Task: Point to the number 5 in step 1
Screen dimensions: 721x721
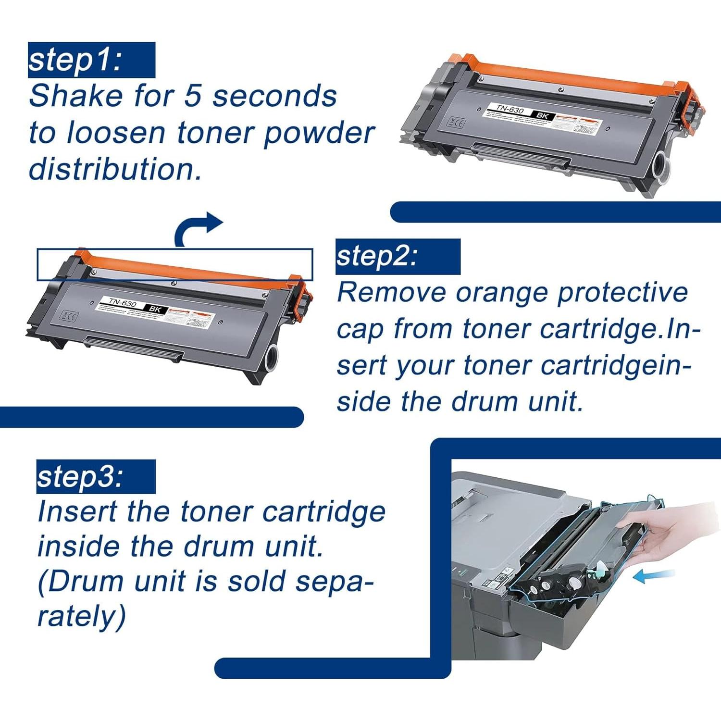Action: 192,96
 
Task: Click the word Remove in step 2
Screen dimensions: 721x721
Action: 392,293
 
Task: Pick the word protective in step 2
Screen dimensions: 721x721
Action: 623,293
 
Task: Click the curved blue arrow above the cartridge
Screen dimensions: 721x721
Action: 197,228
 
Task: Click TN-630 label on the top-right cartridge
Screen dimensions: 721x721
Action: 510,110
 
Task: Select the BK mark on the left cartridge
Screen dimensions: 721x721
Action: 155,309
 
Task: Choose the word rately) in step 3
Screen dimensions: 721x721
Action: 82,617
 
